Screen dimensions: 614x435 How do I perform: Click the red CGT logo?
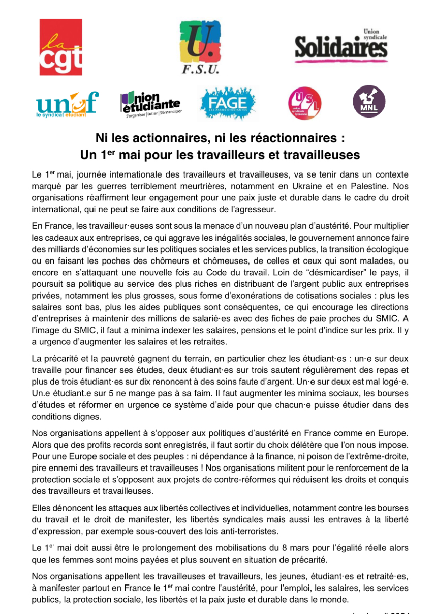[61, 47]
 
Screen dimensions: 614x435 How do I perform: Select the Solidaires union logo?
[341, 46]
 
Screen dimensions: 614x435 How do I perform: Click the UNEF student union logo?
[67, 104]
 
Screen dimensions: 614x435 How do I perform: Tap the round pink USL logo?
[305, 103]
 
